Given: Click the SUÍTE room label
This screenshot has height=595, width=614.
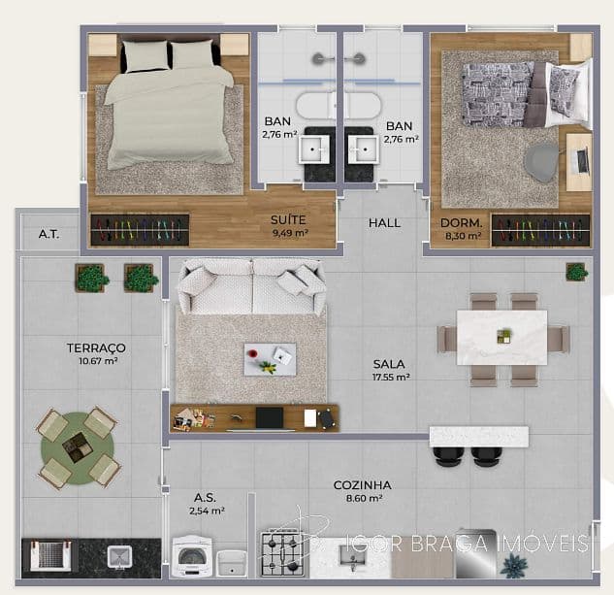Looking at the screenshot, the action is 288,220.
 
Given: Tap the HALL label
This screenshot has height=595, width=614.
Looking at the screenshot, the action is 384,223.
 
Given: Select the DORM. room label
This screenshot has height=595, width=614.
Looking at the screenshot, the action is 462,223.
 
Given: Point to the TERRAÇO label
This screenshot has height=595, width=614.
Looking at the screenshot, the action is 96,347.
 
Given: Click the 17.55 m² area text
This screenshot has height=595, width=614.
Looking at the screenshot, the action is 391,377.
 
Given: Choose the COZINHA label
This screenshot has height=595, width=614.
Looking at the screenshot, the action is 362,485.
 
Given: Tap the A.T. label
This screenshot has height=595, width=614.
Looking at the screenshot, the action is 48,234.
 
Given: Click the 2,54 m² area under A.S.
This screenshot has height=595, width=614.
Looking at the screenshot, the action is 207,511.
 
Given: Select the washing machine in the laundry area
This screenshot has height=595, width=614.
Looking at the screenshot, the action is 192,556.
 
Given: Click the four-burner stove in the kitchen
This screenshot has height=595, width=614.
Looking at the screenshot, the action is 282,553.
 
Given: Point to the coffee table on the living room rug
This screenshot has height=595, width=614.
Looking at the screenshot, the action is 271,359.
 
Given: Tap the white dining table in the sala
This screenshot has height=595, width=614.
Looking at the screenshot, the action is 502,338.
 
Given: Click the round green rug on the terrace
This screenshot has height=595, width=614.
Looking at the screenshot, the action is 78,448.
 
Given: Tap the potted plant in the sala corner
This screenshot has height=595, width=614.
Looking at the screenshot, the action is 577,272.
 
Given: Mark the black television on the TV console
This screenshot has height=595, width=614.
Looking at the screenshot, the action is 270,417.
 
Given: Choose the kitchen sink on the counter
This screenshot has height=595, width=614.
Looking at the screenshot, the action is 353,556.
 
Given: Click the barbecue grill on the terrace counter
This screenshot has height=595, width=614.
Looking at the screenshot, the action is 50,555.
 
